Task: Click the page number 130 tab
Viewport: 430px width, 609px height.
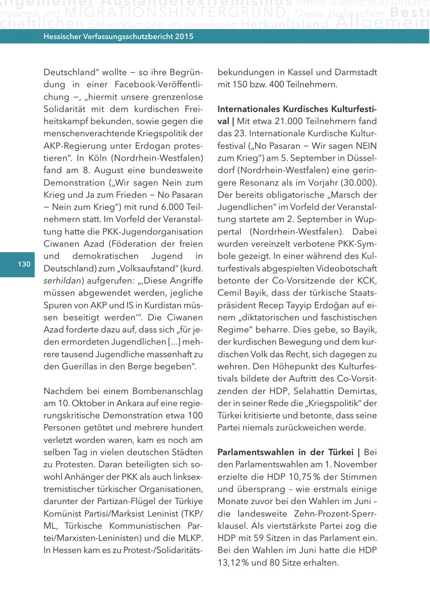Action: click(x=24, y=264)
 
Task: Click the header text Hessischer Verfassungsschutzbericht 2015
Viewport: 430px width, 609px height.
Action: click(x=118, y=36)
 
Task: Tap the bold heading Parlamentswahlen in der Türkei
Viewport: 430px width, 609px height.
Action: click(x=286, y=452)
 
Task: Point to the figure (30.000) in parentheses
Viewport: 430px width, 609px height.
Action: click(x=358, y=183)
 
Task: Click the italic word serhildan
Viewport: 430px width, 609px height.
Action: click(x=63, y=281)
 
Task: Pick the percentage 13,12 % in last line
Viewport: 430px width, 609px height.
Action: click(x=235, y=563)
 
